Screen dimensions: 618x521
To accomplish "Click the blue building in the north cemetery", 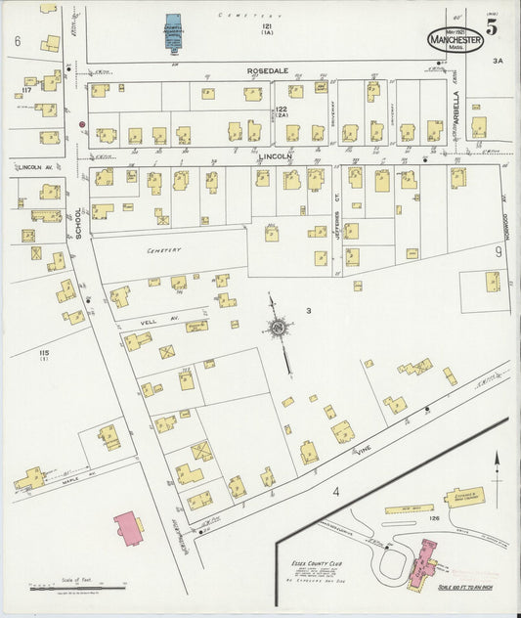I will [x=173, y=31].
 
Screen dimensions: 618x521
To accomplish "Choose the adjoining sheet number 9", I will [x=498, y=251].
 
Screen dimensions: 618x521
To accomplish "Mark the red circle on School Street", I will [x=82, y=124].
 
